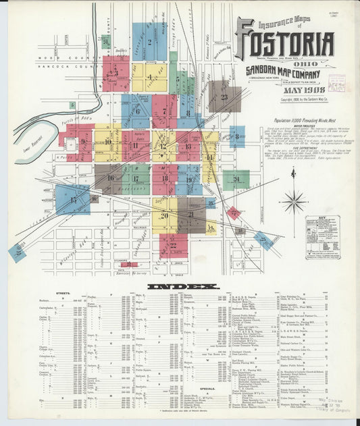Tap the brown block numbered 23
pos(224,96)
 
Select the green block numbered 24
pos(236,180)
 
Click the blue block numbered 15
pos(72,200)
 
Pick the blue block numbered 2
pos(149,42)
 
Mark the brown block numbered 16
pos(108,179)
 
